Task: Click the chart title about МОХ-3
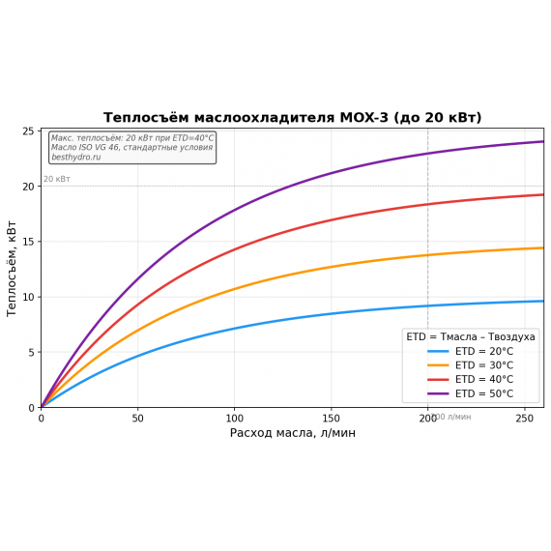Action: [x=292, y=118]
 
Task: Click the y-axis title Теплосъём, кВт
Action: [x=13, y=269]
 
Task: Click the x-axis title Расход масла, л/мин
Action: [x=292, y=433]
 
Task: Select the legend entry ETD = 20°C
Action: [x=483, y=351]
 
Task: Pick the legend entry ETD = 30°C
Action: [x=483, y=365]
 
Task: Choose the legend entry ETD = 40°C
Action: [x=483, y=379]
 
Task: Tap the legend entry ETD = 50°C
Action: [x=483, y=393]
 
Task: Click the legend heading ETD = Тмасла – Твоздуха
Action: [x=471, y=336]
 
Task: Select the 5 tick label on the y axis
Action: [x=31, y=353]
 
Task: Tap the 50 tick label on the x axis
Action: [x=137, y=418]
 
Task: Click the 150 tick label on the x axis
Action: [x=331, y=418]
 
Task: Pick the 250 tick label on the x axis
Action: [x=524, y=418]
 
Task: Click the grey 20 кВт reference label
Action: [x=56, y=179]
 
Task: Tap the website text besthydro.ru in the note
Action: [x=75, y=157]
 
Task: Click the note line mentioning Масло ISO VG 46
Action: [x=131, y=148]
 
